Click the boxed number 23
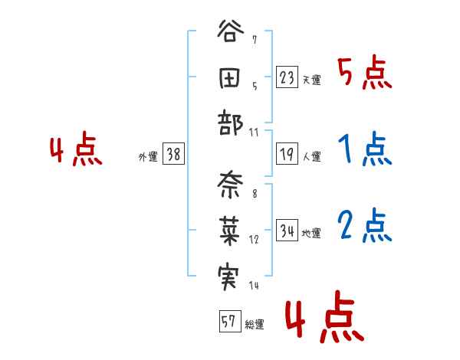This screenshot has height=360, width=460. [287, 78]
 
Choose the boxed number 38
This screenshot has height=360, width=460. [173, 155]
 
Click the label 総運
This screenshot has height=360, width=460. [255, 325]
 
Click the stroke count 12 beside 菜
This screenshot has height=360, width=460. [254, 240]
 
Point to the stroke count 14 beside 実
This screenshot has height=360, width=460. [254, 286]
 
